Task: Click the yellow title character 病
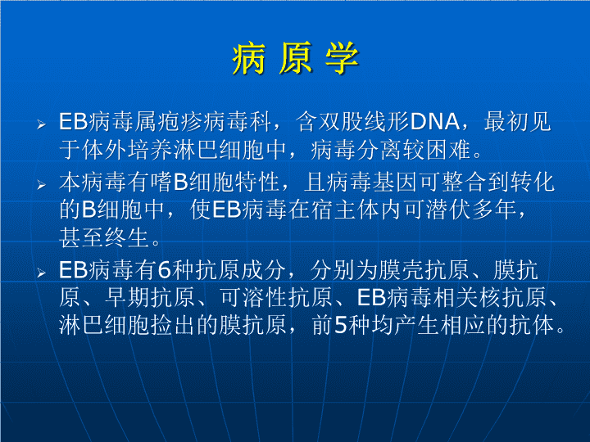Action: coord(249,58)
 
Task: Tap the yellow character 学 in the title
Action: coord(342,58)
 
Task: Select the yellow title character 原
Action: coord(296,58)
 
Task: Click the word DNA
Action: coord(434,122)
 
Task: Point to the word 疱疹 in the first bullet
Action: coord(180,122)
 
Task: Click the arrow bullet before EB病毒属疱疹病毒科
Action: coord(41,124)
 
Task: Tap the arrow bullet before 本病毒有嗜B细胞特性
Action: coord(41,185)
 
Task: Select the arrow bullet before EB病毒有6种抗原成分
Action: coord(41,273)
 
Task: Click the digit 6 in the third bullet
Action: coord(165,270)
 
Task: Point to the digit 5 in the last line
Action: coord(341,325)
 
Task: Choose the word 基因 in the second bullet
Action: coord(396,183)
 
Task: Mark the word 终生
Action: coord(128,237)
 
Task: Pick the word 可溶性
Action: coord(253,297)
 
